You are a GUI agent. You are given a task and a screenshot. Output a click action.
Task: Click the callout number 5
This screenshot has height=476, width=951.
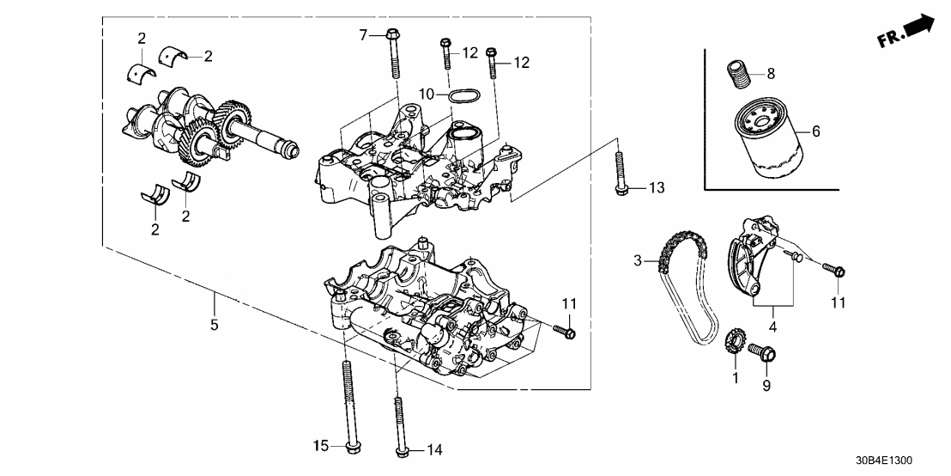(215, 325)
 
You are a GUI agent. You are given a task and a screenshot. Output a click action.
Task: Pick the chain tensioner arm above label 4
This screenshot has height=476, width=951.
(745, 258)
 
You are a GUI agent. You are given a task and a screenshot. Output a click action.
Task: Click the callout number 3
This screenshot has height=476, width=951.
(638, 259)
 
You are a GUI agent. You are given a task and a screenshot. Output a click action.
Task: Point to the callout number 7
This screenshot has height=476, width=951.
(362, 34)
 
